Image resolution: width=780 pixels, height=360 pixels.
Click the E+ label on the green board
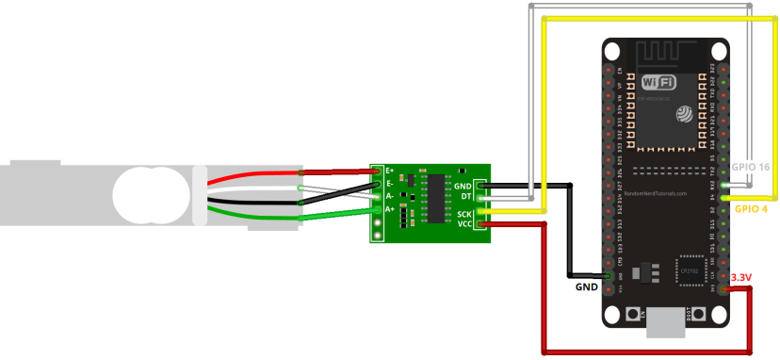tap(390, 171)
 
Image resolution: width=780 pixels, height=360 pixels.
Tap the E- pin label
tap(390, 184)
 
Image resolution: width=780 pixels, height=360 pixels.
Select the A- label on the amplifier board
tap(390, 197)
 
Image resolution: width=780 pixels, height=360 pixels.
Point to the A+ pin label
tap(390, 210)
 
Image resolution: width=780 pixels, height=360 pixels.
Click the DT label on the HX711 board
tap(465, 197)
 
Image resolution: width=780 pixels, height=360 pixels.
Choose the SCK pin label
tap(463, 214)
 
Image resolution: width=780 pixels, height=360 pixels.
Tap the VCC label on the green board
tap(463, 224)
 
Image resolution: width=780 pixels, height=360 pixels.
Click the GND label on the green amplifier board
tap(463, 187)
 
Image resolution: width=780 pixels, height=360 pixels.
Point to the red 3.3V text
tap(742, 278)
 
